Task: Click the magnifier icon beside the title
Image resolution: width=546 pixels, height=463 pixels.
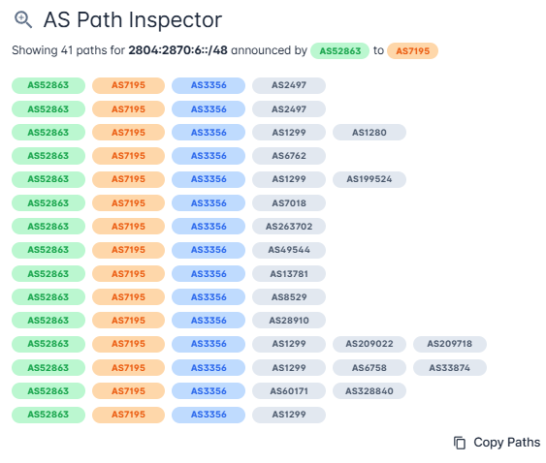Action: tap(23, 19)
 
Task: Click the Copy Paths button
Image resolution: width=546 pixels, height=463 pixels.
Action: tap(497, 443)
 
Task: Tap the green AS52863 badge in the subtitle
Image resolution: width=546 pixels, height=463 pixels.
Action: tap(339, 50)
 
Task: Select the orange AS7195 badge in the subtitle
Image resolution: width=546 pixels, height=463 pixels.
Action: tap(412, 50)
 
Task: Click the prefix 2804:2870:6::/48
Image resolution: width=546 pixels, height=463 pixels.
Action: tap(177, 50)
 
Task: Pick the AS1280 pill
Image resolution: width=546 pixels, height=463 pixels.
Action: tap(369, 132)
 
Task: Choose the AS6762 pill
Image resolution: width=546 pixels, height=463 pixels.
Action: tap(289, 156)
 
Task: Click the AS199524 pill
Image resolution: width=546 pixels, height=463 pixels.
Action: tap(369, 179)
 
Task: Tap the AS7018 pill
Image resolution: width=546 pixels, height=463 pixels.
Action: tap(289, 202)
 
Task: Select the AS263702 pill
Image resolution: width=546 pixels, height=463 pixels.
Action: tap(289, 226)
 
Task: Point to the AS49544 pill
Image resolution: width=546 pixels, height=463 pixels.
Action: tap(289, 250)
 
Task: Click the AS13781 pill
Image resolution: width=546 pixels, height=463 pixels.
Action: tap(289, 274)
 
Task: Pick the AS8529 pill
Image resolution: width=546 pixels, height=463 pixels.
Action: tap(289, 297)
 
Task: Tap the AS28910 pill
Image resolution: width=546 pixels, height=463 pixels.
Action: tap(289, 321)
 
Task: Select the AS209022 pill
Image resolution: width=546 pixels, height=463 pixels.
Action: tap(369, 344)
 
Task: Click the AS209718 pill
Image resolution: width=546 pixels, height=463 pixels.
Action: tap(450, 344)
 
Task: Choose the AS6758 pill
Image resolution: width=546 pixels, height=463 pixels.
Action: tap(369, 368)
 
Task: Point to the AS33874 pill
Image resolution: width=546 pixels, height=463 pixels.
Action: tap(450, 368)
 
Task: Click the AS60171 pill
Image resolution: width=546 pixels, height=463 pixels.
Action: tap(289, 391)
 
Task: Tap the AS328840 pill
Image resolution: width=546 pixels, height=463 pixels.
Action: tap(369, 391)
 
